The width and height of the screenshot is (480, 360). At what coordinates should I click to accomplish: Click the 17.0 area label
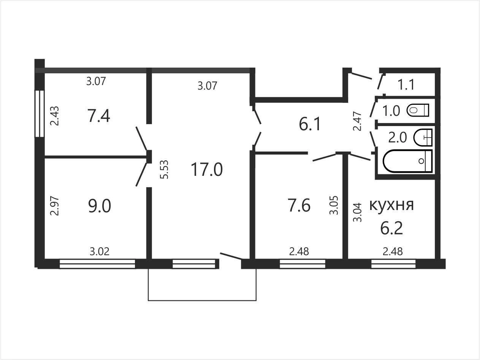point(207,170)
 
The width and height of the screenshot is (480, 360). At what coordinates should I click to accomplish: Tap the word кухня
point(391,205)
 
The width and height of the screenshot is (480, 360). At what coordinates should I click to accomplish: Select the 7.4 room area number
point(99,116)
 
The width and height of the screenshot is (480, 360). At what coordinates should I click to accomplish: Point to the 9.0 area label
point(100,206)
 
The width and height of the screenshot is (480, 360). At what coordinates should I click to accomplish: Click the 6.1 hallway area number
point(310,124)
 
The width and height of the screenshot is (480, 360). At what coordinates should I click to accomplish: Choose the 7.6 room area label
point(299,205)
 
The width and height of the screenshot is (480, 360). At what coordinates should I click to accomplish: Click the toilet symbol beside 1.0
point(418,110)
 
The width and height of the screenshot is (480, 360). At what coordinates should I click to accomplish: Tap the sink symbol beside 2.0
point(423,137)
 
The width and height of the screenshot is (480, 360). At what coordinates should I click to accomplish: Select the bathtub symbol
point(408,161)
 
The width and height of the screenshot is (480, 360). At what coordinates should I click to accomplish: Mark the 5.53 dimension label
point(164,169)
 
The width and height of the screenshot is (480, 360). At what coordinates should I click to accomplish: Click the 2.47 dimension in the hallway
point(358,121)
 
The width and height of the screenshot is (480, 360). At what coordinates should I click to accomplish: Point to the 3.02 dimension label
point(100,252)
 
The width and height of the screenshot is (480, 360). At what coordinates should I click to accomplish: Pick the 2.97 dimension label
point(54,206)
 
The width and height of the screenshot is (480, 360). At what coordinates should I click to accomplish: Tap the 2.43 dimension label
point(54,116)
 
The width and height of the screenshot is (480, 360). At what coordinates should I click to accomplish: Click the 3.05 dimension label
point(334,205)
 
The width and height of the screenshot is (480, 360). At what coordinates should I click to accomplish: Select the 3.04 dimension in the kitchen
point(358,212)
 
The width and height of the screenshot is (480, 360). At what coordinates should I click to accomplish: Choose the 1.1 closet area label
point(406,85)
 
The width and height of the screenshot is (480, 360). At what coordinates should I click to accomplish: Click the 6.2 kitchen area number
point(391,228)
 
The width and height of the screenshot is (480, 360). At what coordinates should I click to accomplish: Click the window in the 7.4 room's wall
point(40,114)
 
